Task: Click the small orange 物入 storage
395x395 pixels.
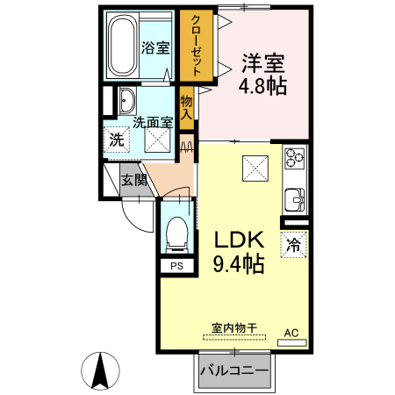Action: click(187, 107)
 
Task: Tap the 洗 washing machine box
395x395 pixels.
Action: click(117, 138)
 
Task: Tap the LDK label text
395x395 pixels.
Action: click(237, 239)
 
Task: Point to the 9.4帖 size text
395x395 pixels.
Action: click(237, 263)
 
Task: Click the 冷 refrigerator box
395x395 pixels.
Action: click(294, 245)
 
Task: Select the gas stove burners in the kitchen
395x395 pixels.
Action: click(293, 159)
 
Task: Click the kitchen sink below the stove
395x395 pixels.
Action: click(294, 197)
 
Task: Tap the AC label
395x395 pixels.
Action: click(292, 332)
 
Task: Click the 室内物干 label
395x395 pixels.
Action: click(234, 328)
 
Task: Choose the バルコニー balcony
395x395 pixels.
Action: click(234, 371)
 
